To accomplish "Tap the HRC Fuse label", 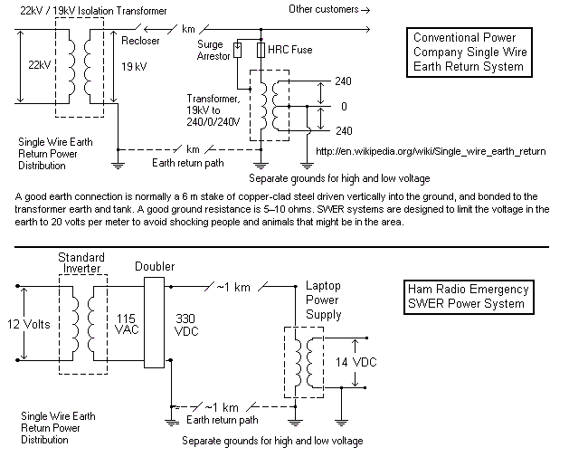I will click(290, 50).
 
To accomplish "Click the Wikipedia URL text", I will click(427, 151).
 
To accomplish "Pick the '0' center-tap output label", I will click(344, 106).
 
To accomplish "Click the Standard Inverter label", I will click(81, 263).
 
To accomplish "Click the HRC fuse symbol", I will click(261, 50).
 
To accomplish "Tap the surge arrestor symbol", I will click(237, 51).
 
